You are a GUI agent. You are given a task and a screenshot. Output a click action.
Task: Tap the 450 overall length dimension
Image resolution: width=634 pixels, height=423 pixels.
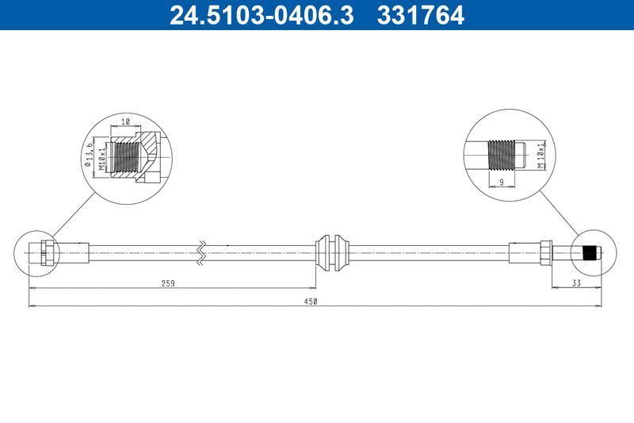[x=311, y=301]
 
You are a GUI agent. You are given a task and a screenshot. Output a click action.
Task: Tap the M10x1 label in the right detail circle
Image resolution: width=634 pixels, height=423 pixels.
[x=541, y=156]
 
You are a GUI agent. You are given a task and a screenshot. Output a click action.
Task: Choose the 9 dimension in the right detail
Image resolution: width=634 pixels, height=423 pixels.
[x=502, y=182]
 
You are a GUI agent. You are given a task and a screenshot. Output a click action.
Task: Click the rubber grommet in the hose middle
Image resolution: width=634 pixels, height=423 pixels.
[x=331, y=252]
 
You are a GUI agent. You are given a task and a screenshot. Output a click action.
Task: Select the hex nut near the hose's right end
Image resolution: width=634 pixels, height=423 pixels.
[x=547, y=252]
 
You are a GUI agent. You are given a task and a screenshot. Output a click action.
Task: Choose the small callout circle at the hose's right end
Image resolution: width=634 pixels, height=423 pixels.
[x=590, y=253]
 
